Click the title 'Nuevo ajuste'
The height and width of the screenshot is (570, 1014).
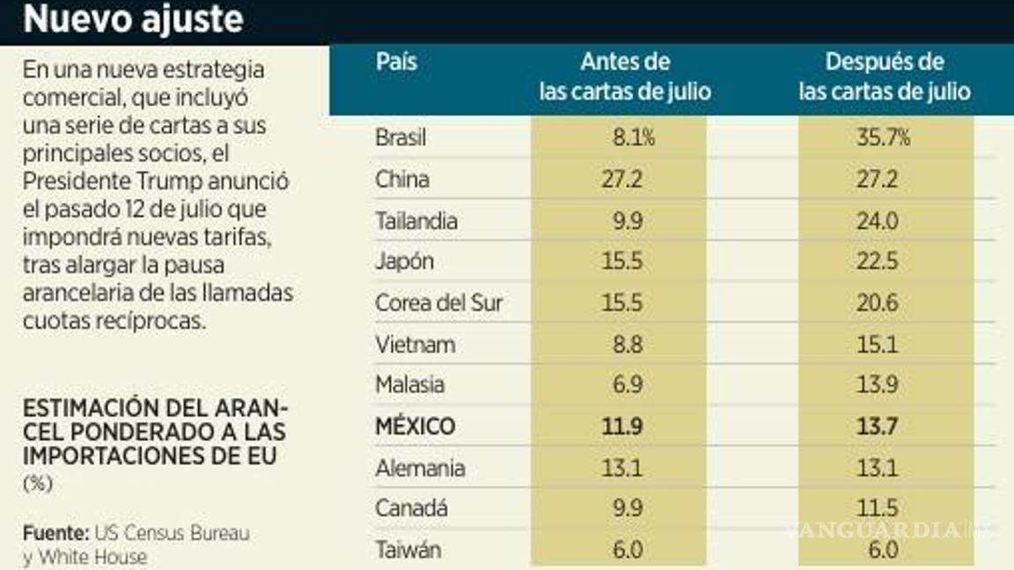coord(133,19)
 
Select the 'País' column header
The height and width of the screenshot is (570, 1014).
coord(396,62)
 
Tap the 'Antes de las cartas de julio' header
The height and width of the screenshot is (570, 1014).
coord(624,77)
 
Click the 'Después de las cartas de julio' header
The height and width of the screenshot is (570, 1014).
coord(885,77)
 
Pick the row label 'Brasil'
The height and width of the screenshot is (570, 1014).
coord(402,138)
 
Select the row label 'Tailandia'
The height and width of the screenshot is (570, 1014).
coord(416,221)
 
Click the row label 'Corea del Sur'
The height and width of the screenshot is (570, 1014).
coord(439,303)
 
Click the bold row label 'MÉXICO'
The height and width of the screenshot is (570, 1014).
coord(415,427)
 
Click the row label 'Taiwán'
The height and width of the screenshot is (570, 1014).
coord(408,550)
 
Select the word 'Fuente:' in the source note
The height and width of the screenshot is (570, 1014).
coord(53,533)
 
